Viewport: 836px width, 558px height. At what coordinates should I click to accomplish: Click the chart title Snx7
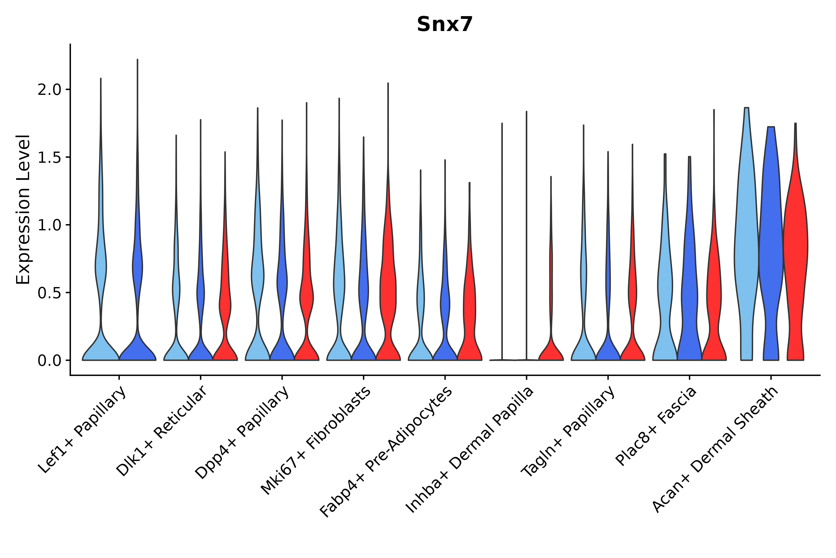click(x=445, y=25)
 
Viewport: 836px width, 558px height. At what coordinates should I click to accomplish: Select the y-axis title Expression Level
click(x=23, y=209)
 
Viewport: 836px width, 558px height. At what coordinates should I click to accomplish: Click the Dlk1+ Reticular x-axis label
click(x=162, y=431)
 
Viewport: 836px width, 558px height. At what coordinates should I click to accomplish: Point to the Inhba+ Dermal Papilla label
click(x=470, y=450)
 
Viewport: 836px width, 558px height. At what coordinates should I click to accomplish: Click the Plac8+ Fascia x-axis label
click(x=656, y=426)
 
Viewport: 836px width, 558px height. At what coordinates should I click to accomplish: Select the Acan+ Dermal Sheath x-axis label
click(x=716, y=450)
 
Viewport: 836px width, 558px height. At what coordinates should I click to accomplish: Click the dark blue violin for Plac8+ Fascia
click(x=689, y=303)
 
